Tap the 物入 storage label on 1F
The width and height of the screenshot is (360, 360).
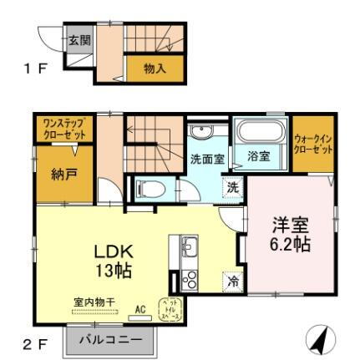[155, 68]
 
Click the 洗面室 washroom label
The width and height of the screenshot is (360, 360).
[205, 158]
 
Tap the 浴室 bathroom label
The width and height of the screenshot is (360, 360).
[258, 156]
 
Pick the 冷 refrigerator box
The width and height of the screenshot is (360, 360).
[235, 281]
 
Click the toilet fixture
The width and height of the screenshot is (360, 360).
[151, 187]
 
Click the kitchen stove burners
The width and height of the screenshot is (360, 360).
[189, 280]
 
